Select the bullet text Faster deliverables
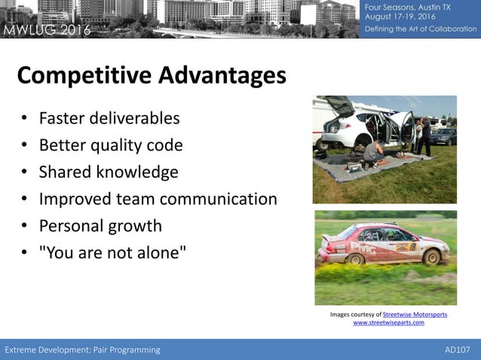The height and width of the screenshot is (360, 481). [109, 118]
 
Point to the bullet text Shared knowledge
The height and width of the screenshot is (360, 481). [109, 172]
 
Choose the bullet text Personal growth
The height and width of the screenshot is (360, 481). [100, 226]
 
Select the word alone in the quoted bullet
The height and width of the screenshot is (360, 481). [156, 253]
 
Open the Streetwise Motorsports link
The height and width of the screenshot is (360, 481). [415, 314]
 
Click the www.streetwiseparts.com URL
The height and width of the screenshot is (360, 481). [388, 322]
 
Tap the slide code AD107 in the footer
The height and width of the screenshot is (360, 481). [458, 349]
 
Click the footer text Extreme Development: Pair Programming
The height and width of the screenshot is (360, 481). [83, 349]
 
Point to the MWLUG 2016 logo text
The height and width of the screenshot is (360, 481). [47, 30]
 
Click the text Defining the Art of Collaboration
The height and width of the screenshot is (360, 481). [421, 29]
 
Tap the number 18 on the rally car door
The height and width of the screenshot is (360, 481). [414, 246]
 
